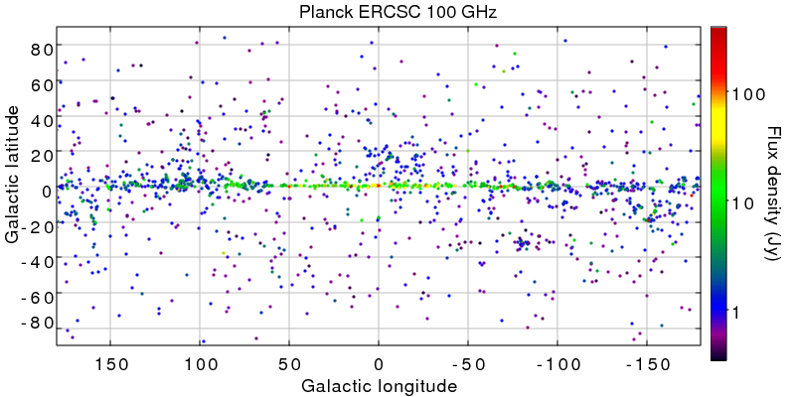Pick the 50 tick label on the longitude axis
tap(288, 362)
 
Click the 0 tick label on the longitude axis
tap(378, 362)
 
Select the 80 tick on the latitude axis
tap(40, 49)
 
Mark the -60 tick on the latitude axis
tap(36, 296)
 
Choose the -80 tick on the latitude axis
tap(36, 323)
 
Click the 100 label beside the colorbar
tap(747, 93)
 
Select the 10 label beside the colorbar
tap(743, 202)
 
